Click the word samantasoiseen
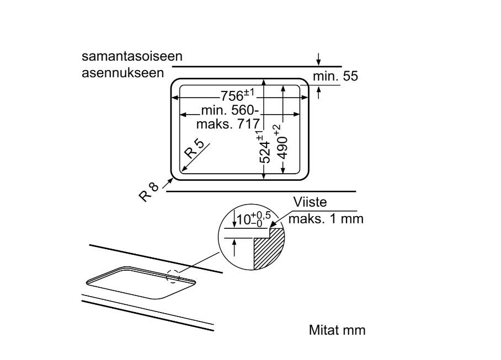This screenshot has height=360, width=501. [x=132, y=56]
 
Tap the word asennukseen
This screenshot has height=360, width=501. [x=122, y=73]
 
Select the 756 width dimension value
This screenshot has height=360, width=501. [x=232, y=96]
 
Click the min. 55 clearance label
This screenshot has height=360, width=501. [x=335, y=76]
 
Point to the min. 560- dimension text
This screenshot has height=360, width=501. [x=230, y=110]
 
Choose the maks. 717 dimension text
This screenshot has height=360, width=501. [x=227, y=124]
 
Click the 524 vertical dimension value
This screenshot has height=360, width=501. [x=264, y=152]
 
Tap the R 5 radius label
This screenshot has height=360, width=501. [x=195, y=149]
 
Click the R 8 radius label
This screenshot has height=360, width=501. [x=148, y=192]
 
